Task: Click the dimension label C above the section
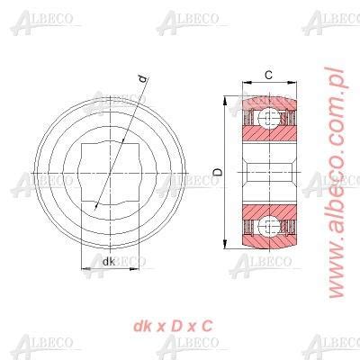[x=269, y=75]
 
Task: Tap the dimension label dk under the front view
[x=109, y=262]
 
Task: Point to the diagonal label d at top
[x=144, y=79]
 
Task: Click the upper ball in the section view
[x=269, y=119]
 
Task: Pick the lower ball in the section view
[x=269, y=226]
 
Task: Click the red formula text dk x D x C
[x=173, y=326]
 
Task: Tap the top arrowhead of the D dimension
[x=224, y=101]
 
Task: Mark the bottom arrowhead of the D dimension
[x=224, y=244]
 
